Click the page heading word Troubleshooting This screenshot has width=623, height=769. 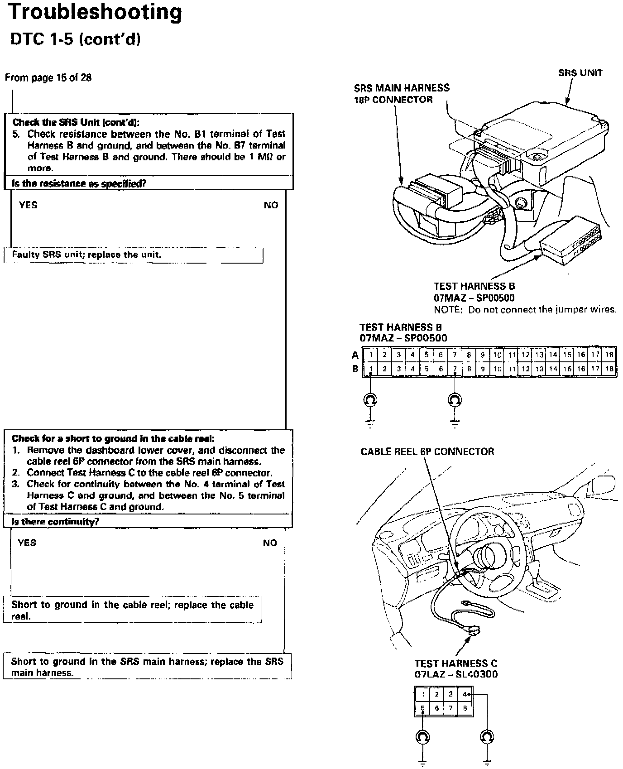coord(95,13)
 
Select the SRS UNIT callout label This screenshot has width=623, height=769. coord(580,73)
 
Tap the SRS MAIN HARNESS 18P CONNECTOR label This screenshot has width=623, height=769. coord(402,94)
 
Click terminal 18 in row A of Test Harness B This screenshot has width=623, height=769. coord(609,355)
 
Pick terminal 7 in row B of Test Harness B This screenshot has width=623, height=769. coord(455,369)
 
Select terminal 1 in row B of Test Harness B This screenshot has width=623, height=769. coord(371,369)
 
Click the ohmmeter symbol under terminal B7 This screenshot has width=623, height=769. coord(455,399)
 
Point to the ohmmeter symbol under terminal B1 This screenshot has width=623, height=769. coord(371,399)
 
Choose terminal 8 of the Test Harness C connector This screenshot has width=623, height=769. coord(465,709)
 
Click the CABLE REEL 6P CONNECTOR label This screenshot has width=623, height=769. coord(427,452)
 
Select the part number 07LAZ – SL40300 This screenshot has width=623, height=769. coord(455,674)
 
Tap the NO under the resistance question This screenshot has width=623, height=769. coord(271,206)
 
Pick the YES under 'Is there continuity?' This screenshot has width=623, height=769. coord(27,543)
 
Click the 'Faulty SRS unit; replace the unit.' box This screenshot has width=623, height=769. coord(86,255)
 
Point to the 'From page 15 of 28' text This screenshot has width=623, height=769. coord(48,77)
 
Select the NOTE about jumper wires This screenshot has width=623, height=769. coord(525,310)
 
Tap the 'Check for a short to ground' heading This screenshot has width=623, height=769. coord(113,438)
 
